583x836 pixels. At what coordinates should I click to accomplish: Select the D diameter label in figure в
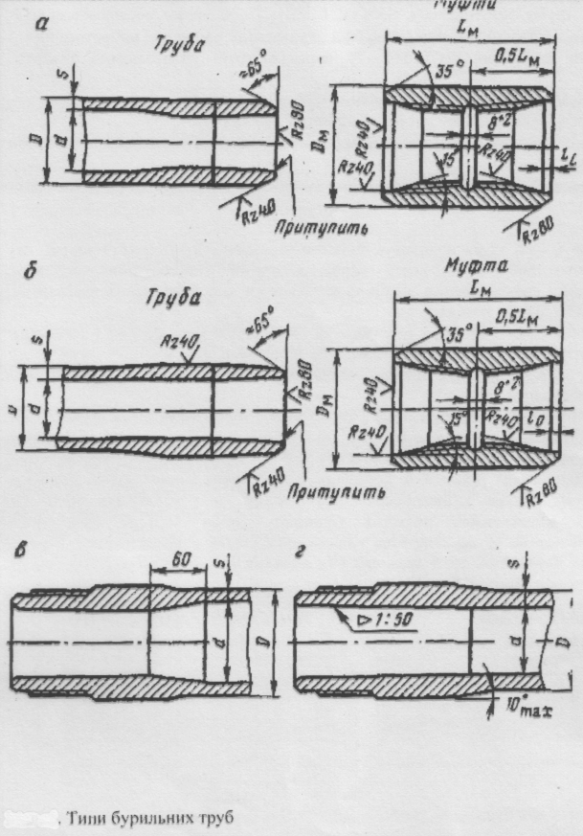[x=278, y=638]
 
